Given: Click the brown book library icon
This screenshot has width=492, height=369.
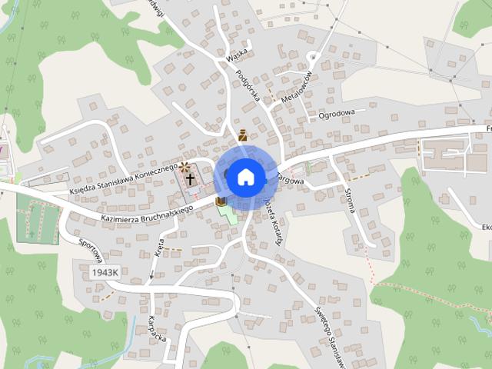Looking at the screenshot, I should click(221, 201).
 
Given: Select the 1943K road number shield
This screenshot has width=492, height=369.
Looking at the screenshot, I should click(105, 272).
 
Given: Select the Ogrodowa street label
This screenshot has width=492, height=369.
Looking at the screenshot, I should click(336, 113).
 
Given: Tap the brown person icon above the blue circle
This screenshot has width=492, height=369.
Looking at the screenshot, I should click(243, 136).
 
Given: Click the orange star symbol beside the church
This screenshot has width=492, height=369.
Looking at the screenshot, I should click(184, 165).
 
